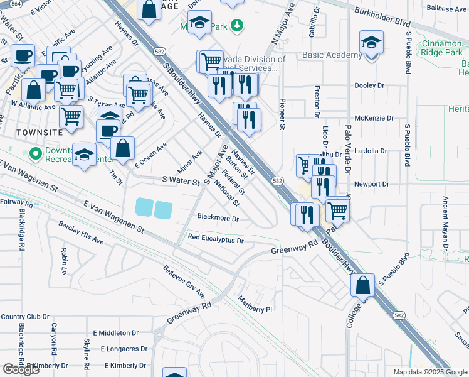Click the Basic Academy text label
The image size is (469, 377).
pyautogui.click(x=332, y=55)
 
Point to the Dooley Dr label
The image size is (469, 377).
pyautogui.click(x=369, y=85)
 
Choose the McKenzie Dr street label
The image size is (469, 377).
pyautogui.click(x=374, y=118)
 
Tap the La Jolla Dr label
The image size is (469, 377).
pyautogui.click(x=372, y=151)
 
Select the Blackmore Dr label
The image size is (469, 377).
pyautogui.click(x=218, y=219)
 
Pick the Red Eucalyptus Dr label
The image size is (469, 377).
pyautogui.click(x=215, y=240)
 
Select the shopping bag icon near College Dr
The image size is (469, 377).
pyautogui.click(x=363, y=286)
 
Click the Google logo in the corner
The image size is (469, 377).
pyautogui.click(x=21, y=369)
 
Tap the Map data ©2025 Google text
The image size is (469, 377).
pyautogui.click(x=431, y=372)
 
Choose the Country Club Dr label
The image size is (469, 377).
pyautogui.click(x=24, y=316)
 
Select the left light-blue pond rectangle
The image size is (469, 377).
pyautogui.click(x=143, y=207)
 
